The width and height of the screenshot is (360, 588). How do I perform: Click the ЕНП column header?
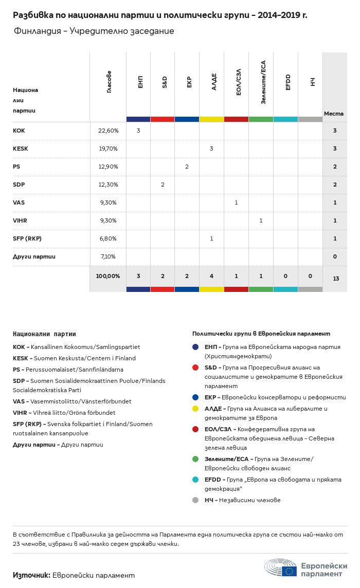click(140, 82)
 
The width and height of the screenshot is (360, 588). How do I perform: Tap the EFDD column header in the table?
click(287, 82)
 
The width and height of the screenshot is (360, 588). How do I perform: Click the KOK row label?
click(19, 131)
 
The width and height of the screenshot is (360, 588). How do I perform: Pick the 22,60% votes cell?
click(108, 131)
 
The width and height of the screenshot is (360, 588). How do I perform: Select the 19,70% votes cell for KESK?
click(108, 149)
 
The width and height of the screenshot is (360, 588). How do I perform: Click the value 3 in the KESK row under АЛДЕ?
click(211, 149)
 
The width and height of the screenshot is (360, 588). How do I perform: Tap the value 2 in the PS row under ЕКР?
click(187, 167)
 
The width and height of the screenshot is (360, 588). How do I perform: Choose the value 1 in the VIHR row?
click(261, 220)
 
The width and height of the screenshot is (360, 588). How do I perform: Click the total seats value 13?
click(336, 279)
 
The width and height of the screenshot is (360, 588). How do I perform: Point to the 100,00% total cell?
click(108, 276)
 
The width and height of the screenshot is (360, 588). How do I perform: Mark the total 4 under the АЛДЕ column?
click(211, 276)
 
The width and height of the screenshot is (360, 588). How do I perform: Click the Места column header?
click(334, 114)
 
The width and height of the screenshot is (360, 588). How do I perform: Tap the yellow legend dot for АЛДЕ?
click(195, 409)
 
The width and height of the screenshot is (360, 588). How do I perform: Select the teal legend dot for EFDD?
click(195, 480)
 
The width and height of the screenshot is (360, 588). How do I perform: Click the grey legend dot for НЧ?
click(195, 500)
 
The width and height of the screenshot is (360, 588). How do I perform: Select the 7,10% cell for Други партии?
click(108, 256)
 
